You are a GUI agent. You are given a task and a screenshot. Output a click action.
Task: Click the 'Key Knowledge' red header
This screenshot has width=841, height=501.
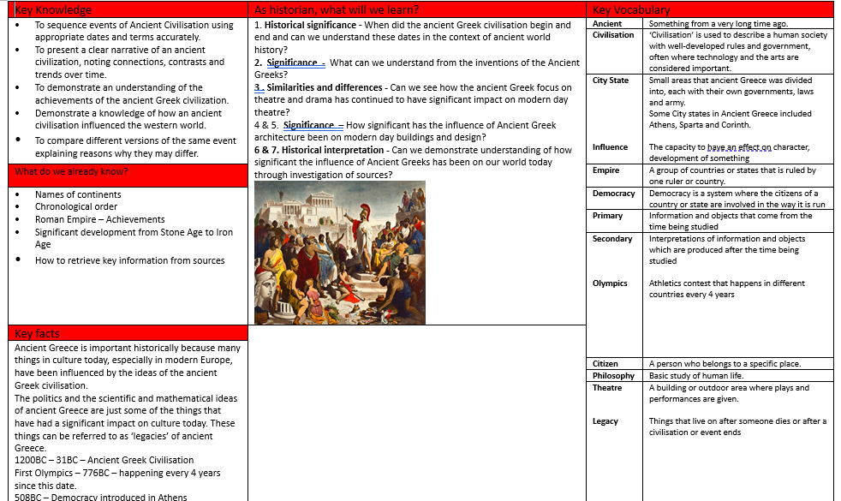click(x=53, y=9)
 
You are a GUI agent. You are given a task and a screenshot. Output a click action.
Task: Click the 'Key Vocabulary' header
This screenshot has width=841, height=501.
click(x=631, y=9)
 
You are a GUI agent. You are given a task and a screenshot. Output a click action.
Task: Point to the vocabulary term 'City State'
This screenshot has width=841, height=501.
click(x=611, y=81)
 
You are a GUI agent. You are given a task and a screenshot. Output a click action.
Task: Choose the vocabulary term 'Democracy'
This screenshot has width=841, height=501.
click(x=614, y=194)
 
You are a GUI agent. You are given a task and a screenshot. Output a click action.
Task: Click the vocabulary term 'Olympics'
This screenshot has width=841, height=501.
click(x=610, y=283)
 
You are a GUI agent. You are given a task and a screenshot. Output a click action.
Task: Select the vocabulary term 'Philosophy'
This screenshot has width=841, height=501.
click(x=614, y=376)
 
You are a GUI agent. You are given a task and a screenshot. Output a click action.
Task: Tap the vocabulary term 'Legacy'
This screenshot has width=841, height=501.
click(x=605, y=421)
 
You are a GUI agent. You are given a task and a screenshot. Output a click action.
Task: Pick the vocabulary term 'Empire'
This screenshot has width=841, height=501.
click(x=605, y=170)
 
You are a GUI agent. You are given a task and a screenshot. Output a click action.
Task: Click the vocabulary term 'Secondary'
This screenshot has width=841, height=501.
click(x=612, y=239)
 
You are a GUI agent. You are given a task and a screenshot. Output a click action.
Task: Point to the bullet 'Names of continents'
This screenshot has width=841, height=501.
click(x=78, y=194)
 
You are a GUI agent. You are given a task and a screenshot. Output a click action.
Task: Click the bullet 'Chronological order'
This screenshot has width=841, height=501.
click(x=76, y=206)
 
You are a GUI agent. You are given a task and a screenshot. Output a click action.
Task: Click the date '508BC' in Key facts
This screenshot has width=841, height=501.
click(x=30, y=497)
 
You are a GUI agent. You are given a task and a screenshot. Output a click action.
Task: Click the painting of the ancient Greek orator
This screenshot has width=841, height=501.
click(x=340, y=252)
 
